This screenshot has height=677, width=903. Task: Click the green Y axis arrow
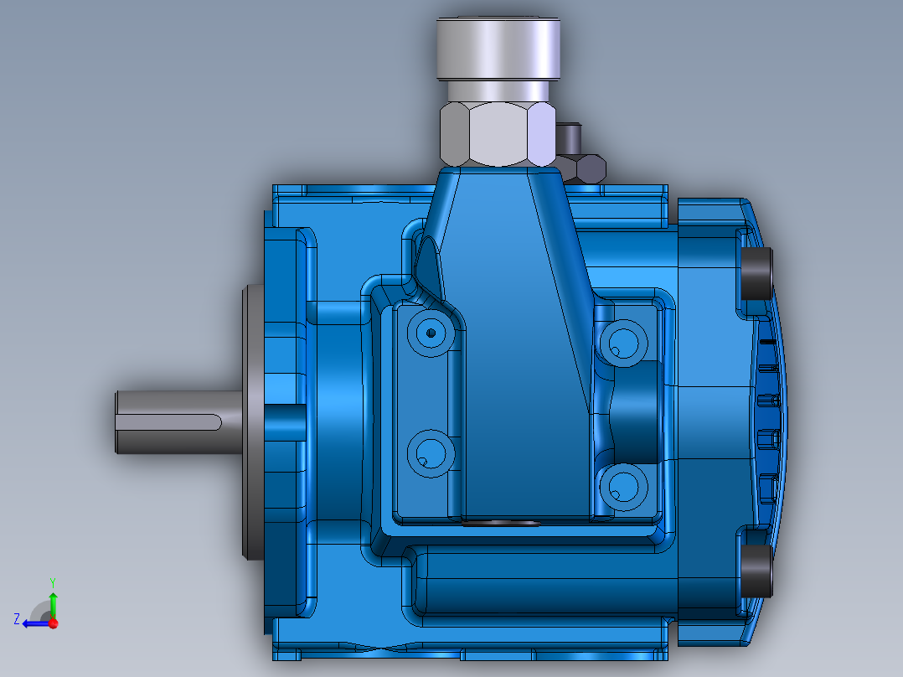[x=52, y=601]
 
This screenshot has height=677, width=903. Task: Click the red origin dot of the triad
[x=53, y=623]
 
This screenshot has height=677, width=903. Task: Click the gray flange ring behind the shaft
[x=250, y=423]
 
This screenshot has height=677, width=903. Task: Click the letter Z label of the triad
[x=17, y=619]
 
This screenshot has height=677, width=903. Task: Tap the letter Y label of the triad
[x=52, y=581]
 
